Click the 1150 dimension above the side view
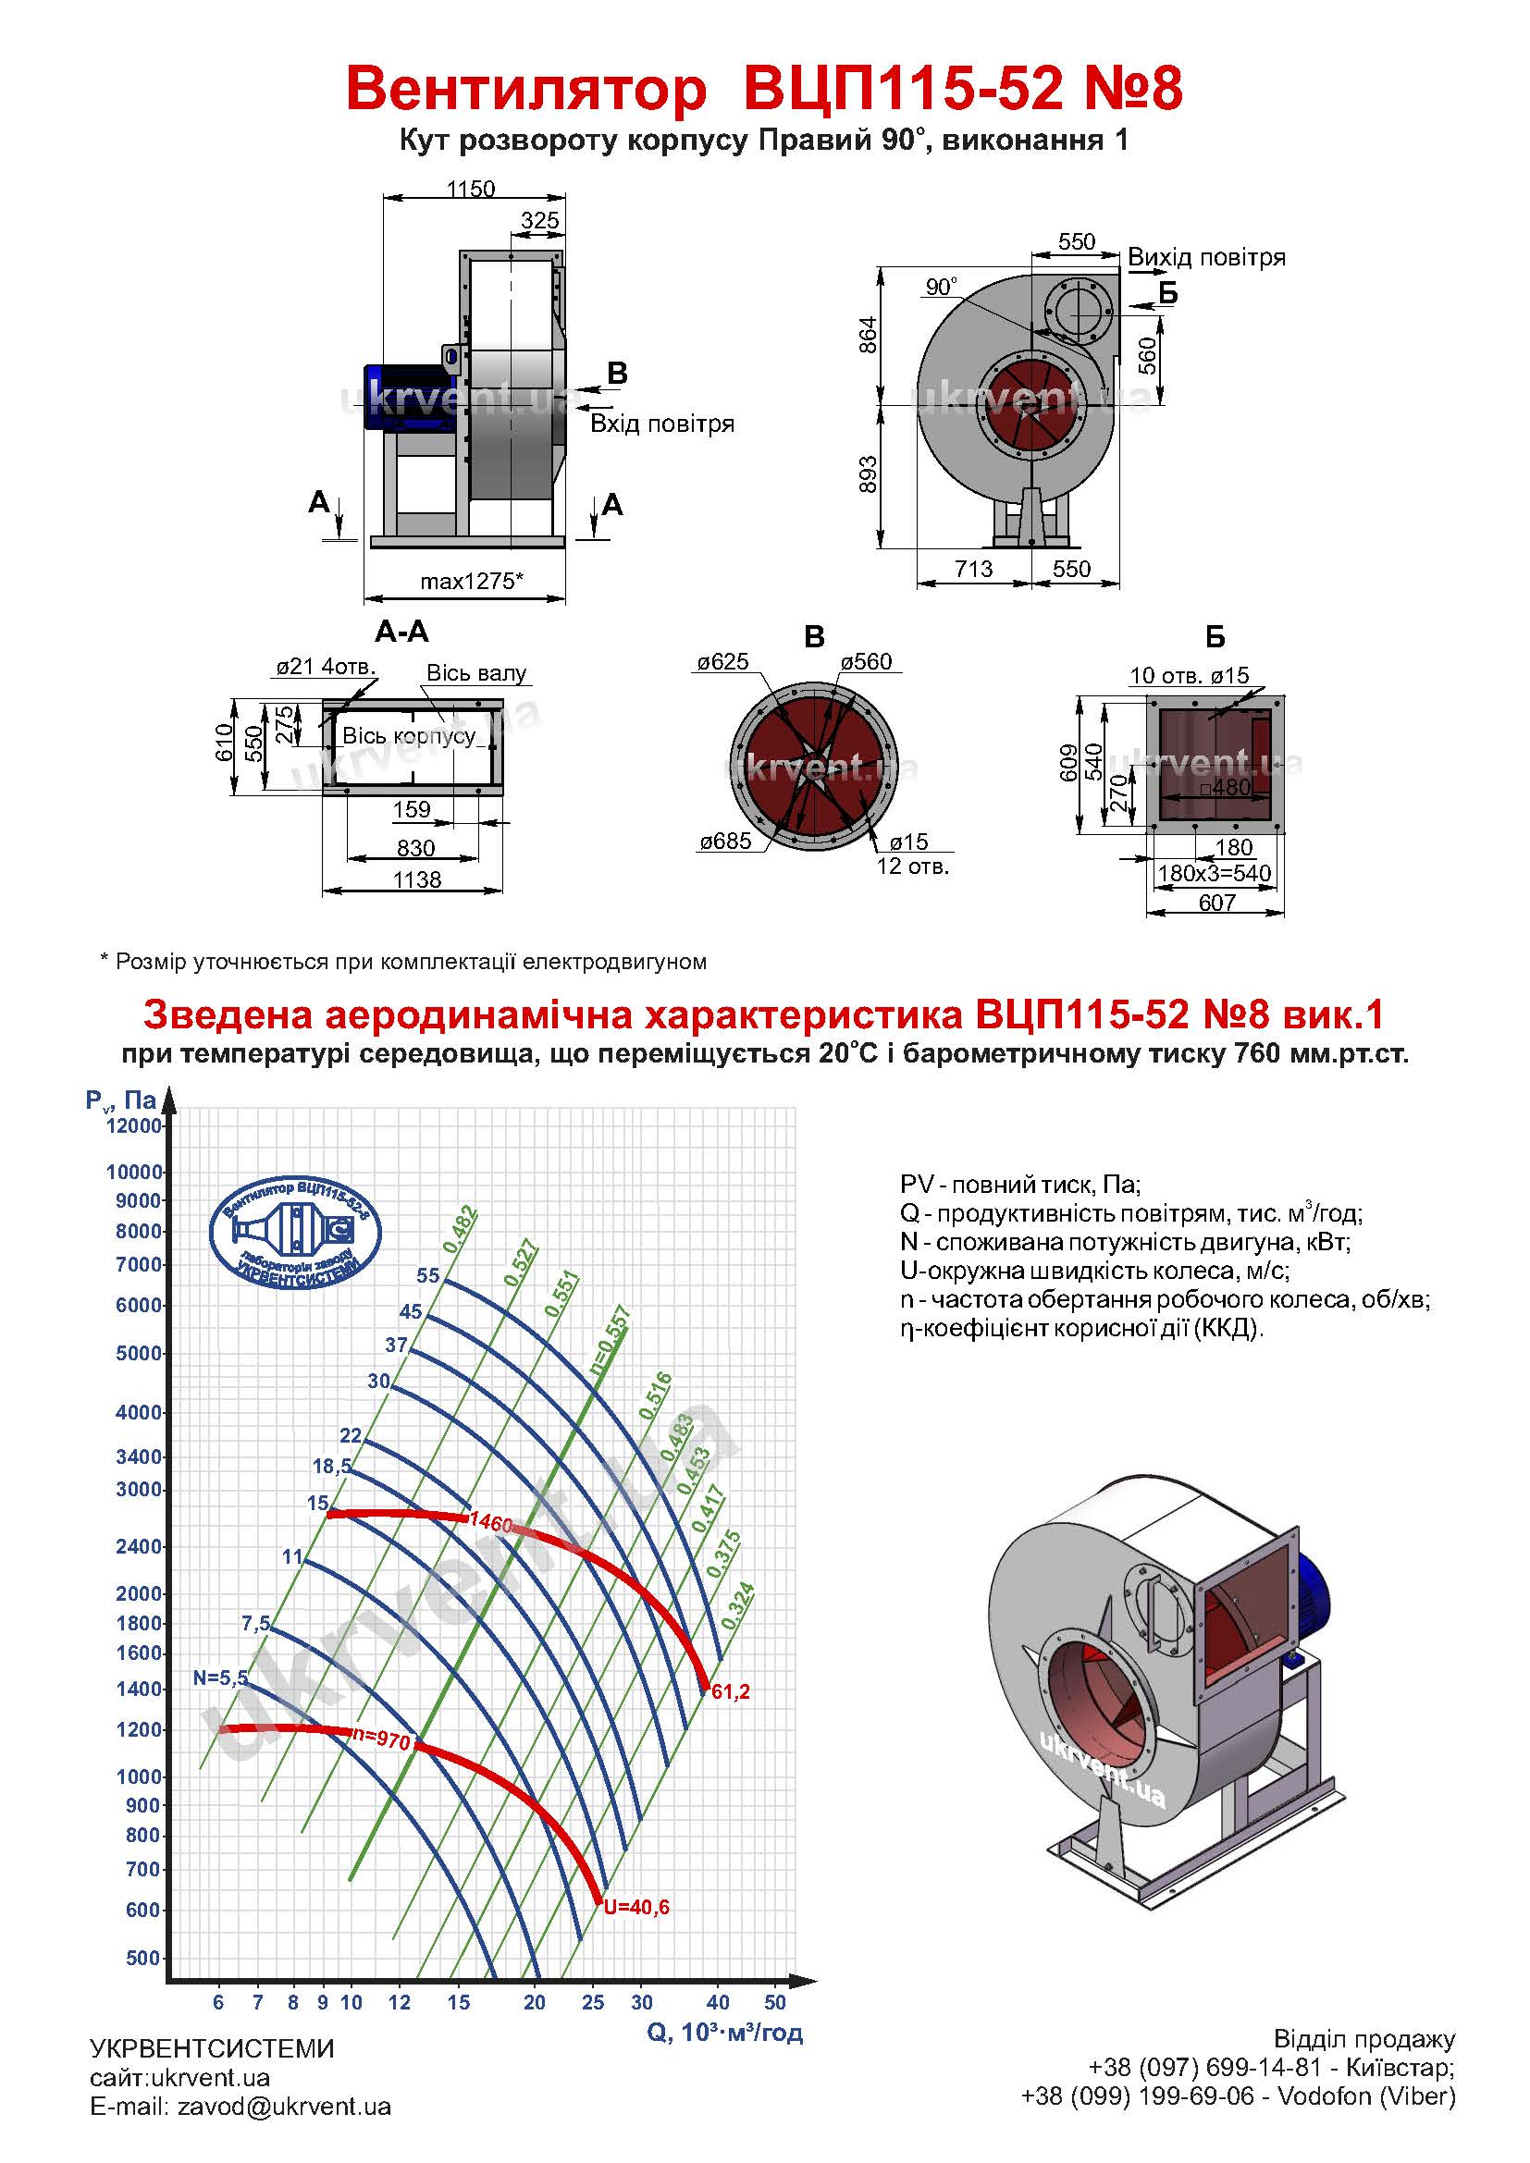tap(470, 190)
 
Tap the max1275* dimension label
tap(471, 582)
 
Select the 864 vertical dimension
tap(870, 336)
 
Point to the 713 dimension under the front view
tap(973, 569)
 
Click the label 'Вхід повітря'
tap(661, 424)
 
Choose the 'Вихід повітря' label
tap(1206, 257)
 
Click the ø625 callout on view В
tap(722, 662)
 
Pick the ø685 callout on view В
tap(725, 842)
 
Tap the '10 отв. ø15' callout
tap(1189, 675)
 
